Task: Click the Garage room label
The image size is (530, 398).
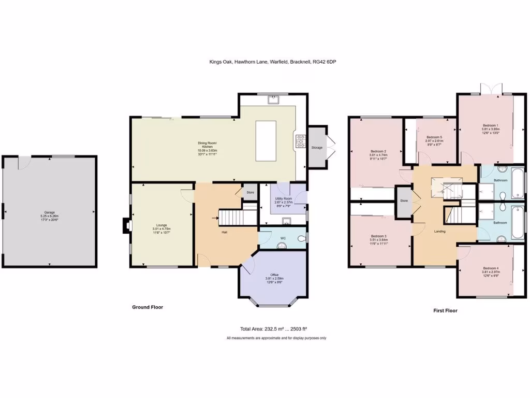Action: [x=49, y=212]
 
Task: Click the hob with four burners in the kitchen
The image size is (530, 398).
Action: [x=301, y=140]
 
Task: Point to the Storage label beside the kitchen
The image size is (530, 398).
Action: [x=317, y=148]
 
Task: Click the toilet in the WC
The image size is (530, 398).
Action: [x=302, y=238]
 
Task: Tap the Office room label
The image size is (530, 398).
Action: [x=274, y=275]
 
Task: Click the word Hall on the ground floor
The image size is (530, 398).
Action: [x=225, y=232]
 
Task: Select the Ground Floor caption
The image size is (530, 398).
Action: [x=148, y=307]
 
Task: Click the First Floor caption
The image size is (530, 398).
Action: [x=445, y=311]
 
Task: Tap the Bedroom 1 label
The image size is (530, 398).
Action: [x=490, y=126]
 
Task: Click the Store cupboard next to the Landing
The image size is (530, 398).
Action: [x=404, y=201]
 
